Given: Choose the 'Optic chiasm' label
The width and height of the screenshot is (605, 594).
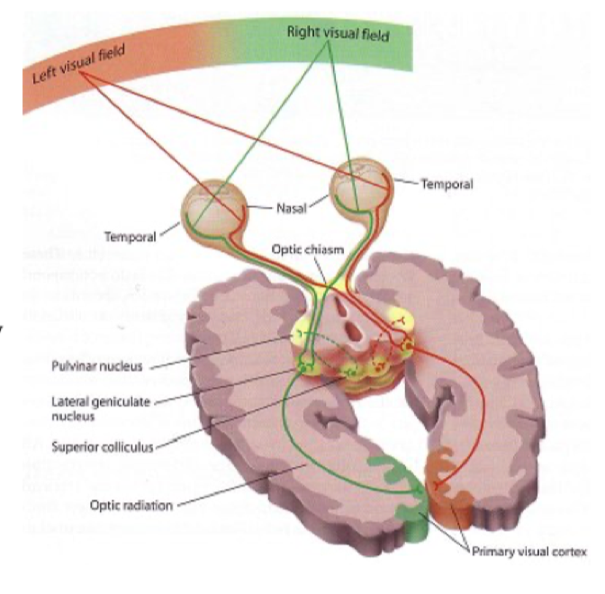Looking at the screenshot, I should coord(309,249).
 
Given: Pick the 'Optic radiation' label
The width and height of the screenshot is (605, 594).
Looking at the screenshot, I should coord(129,504).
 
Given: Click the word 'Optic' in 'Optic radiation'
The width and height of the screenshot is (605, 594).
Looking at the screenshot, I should coord(104,504).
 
